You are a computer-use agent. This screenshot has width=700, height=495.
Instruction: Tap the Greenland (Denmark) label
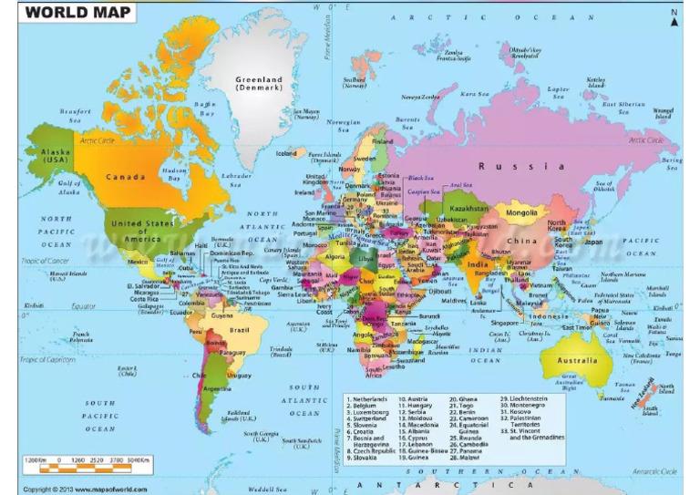point(260,83)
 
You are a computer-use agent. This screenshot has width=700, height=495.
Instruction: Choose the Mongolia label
point(521,213)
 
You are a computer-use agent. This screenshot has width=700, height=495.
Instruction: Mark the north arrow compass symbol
point(674,15)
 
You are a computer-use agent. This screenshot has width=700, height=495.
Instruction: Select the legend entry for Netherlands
point(368,399)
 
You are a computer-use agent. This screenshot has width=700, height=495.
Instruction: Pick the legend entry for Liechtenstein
point(529,399)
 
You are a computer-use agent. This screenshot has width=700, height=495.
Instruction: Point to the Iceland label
point(286,153)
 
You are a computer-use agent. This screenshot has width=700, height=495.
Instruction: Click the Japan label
point(593,242)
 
